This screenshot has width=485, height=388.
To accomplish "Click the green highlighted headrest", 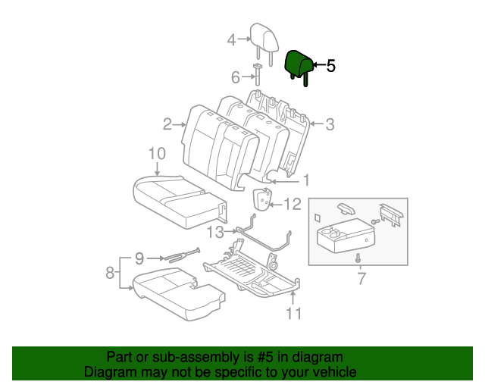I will coord(297,64).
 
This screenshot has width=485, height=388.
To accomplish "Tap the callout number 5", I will coord(330,67).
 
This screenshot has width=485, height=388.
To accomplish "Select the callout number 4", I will coord(232,40).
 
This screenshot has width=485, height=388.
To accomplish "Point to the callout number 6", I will coord(235,77).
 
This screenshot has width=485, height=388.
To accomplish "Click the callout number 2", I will coord(166,124).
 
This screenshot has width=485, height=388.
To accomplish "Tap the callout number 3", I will coord(330,124).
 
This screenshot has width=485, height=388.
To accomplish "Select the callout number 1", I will coord(306,180).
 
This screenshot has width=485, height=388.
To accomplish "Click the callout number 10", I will coord(156,155).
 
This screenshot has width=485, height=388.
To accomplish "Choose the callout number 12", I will coord(293,203).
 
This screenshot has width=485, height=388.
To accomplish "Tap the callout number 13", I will coord(216,231).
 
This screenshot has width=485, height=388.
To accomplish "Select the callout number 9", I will coord(139,258).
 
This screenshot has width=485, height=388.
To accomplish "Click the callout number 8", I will coord(110,272).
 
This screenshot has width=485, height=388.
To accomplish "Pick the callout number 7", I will coord(361,279).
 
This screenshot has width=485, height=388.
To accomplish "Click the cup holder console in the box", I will coord(343,239).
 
